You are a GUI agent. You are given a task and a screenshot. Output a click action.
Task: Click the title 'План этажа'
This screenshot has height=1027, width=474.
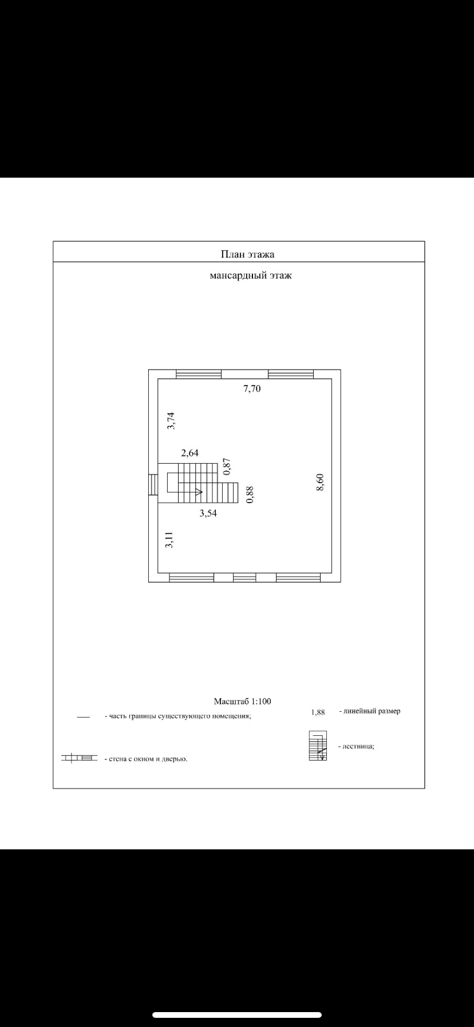coord(248,254)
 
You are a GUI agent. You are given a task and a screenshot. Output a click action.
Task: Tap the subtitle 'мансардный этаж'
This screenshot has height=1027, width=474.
coord(251,276)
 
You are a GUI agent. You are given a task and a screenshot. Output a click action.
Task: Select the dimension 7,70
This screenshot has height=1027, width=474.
coord(252,389)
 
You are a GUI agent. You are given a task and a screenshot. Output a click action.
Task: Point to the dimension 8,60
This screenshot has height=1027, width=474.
coord(321,482)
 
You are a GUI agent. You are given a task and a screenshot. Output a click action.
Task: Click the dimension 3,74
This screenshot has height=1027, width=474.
coord(171,421)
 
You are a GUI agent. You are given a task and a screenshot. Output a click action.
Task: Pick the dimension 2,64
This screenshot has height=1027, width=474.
coord(189,453)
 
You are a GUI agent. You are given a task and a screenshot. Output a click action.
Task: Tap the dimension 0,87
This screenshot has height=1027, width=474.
coord(227,467)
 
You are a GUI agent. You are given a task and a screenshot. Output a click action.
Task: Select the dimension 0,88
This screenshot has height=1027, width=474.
coord(250,495)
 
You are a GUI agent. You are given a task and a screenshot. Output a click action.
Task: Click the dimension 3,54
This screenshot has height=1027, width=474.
coord(208,513)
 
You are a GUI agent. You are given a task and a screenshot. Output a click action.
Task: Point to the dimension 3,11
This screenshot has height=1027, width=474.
coord(169,540)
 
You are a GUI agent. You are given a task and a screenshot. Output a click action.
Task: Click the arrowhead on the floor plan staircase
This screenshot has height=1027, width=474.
coord(198,492)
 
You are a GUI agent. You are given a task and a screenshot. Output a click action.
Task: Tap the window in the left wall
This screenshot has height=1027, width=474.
coord(153,485)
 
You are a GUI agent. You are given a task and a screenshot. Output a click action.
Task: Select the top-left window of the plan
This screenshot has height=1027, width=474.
coord(198,374)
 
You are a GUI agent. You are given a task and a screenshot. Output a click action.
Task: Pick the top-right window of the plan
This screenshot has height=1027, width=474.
coord(291,374)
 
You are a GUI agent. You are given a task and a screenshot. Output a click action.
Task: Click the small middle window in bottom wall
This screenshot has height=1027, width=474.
coord(244,577)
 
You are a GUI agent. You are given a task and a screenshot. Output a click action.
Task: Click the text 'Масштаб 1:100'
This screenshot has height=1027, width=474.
coord(242,701)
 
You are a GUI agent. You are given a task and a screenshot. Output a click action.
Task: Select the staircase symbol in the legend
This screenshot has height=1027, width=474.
coord(318,746)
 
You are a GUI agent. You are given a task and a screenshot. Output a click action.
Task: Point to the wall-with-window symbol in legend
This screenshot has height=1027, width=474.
coord(79,758)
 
